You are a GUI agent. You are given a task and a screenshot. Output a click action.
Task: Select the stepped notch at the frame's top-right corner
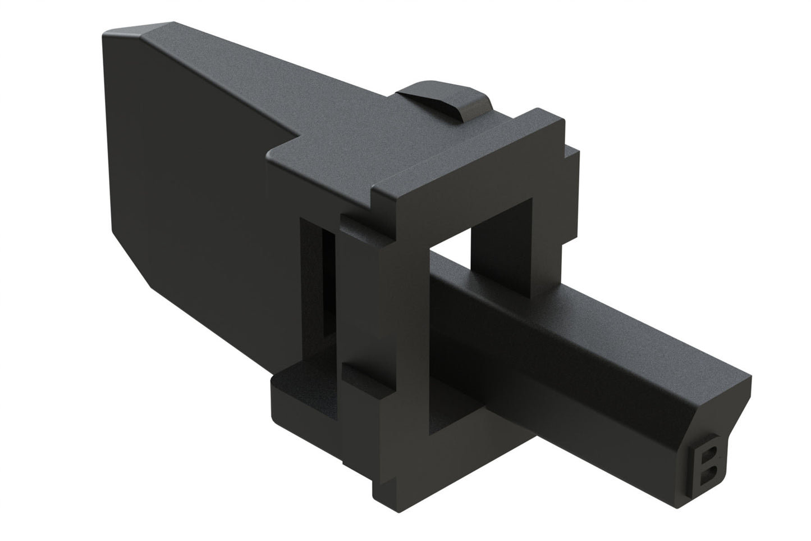pos(570,160)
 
